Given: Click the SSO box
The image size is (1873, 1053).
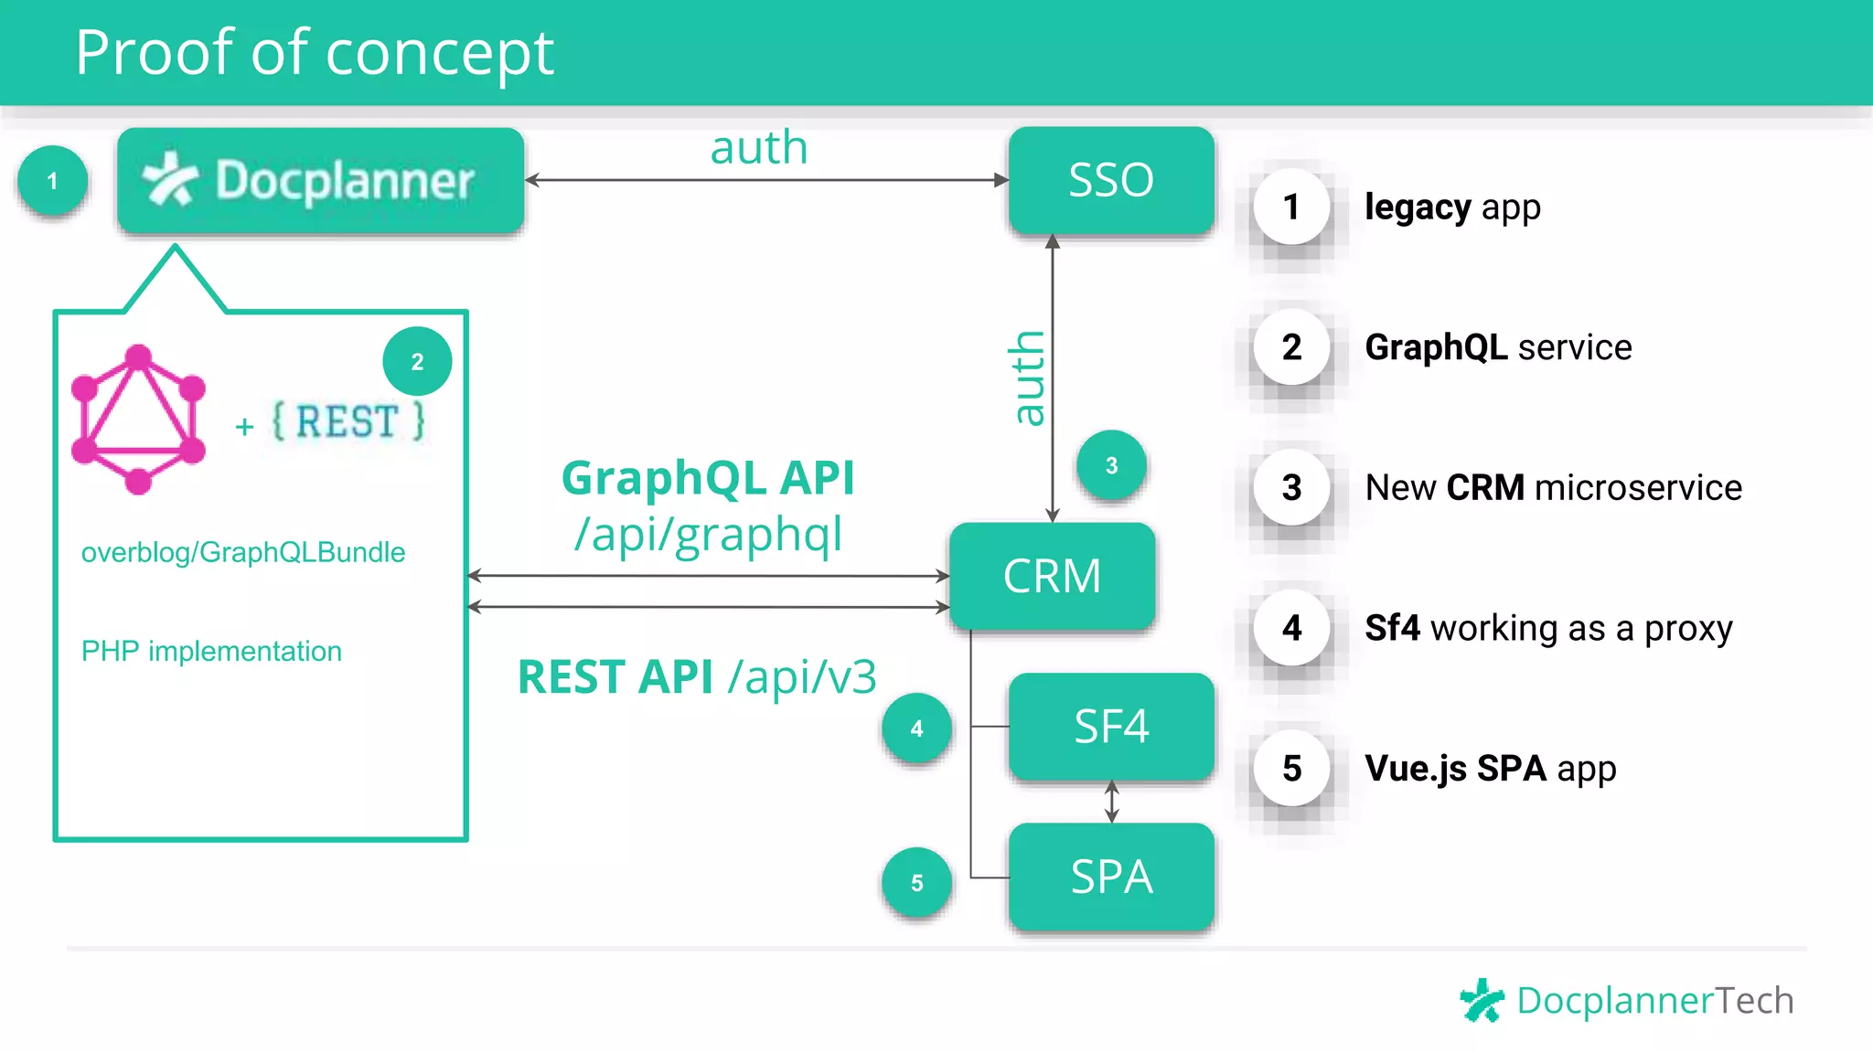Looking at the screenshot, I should [1111, 180].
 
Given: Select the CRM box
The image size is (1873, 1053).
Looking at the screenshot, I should [1052, 576].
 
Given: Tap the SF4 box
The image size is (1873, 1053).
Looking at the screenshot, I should [1111, 727].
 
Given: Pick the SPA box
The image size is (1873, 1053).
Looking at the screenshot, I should [1111, 877].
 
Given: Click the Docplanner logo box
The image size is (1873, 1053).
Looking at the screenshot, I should [320, 180].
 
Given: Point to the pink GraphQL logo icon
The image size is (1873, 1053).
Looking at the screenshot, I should [138, 420].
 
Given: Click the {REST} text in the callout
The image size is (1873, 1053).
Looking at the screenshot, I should [348, 422].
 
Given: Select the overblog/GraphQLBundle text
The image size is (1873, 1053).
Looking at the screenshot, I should [243, 552].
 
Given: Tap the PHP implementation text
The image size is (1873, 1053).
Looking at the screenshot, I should [211, 651].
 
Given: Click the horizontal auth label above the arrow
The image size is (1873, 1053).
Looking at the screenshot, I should [759, 148].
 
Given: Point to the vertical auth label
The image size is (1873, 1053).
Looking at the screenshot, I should [1028, 378].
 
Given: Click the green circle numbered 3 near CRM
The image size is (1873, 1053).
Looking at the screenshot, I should [1111, 465].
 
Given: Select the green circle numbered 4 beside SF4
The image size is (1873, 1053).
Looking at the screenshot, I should [916, 729].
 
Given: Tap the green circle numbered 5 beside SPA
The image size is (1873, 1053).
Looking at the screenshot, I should [916, 883].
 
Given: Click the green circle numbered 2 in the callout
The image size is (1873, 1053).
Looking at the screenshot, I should [417, 362].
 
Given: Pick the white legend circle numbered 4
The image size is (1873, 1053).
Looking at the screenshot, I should [1291, 628].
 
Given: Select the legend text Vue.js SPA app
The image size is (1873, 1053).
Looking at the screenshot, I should [1490, 769].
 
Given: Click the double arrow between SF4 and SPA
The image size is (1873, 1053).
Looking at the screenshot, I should [1111, 802].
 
